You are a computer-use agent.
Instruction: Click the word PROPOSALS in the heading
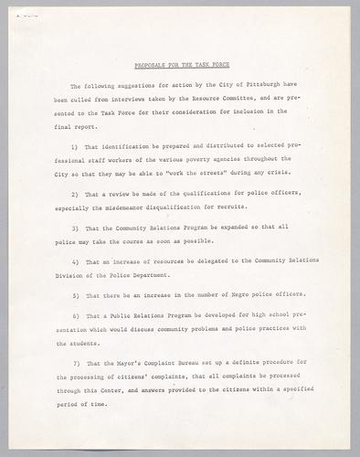point(150,66)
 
